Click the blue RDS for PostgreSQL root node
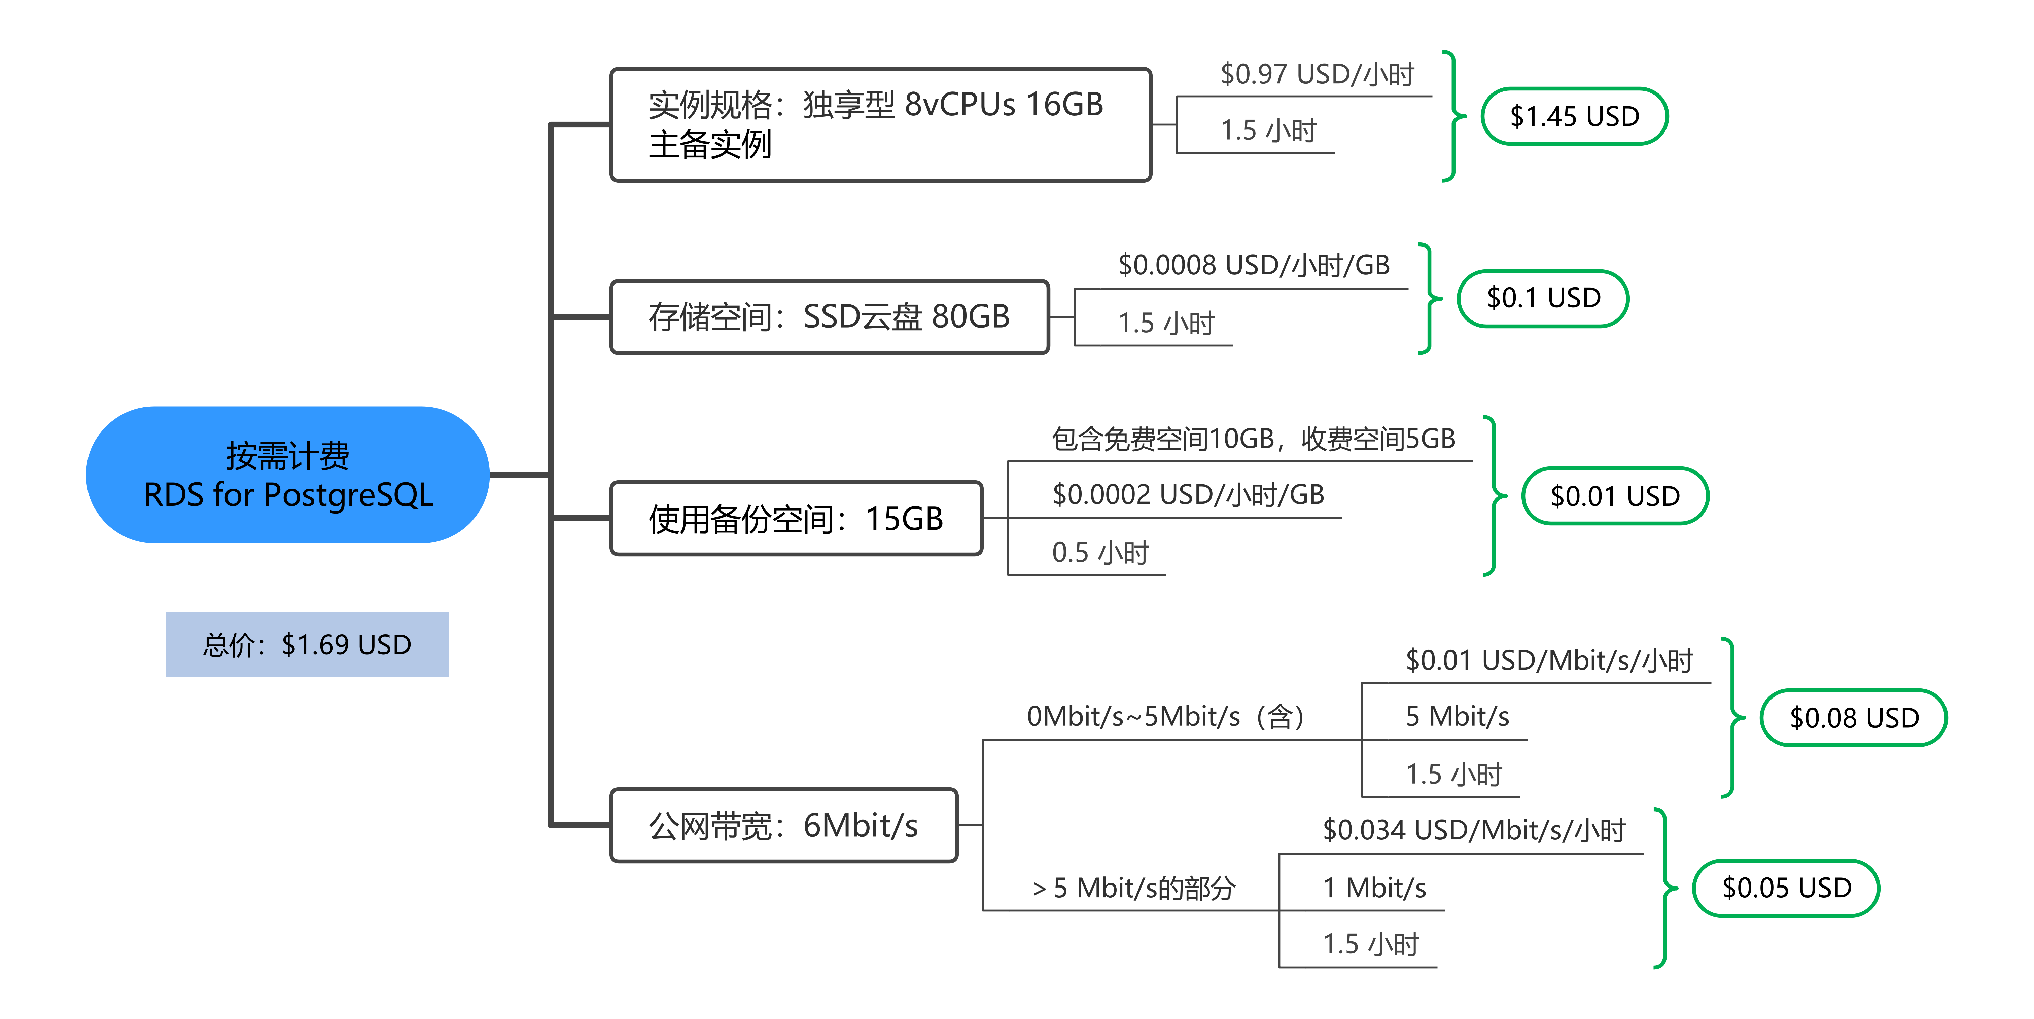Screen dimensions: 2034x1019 pos(287,475)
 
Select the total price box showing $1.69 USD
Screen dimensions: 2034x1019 pos(307,644)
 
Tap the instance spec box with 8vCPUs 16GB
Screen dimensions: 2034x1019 pos(880,125)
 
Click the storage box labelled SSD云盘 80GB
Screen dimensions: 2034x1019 pos(829,316)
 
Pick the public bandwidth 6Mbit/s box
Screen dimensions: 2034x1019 pos(783,825)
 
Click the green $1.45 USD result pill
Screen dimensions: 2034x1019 pos(1574,116)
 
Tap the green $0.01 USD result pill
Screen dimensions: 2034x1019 pos(1615,496)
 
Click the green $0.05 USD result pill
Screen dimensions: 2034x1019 pos(1786,888)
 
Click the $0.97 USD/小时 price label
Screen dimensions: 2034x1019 pos(1317,74)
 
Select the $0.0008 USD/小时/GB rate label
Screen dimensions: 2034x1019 pos(1254,265)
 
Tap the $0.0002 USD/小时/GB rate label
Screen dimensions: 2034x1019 pos(1188,495)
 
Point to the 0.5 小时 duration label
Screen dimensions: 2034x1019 pos(1100,553)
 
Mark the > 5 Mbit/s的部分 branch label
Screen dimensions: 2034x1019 pos(1134,888)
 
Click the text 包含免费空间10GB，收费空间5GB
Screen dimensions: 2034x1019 pos(1254,439)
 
